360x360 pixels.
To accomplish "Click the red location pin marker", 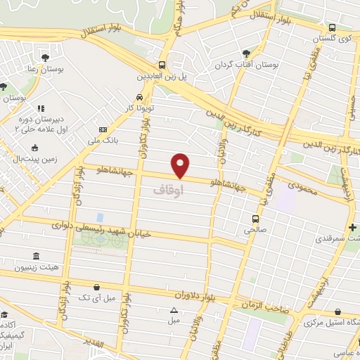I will (x=181, y=165).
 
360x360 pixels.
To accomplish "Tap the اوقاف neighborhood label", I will (x=167, y=190).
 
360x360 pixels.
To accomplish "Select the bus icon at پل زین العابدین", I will (x=162, y=65).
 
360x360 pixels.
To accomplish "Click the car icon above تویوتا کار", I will (x=139, y=97).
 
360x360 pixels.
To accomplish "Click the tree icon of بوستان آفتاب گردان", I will (x=245, y=53).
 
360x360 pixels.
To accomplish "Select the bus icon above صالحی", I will (x=257, y=218).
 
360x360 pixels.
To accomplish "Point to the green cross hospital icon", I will (x=352, y=228).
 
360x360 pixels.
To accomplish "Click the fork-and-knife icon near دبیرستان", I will (x=40, y=109).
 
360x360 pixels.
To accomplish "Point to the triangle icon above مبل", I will (x=174, y=310).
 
